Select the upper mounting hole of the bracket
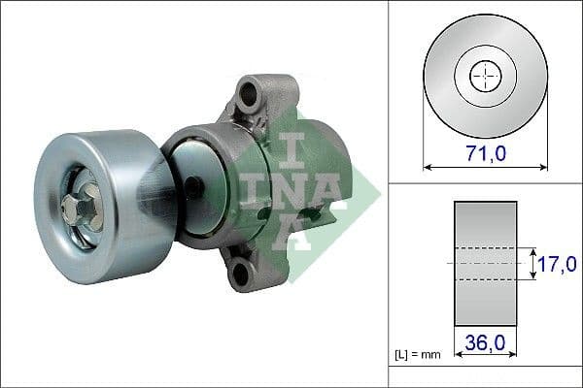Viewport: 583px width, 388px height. pyautogui.click(x=250, y=95)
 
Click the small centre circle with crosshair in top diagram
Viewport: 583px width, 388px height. pyautogui.click(x=485, y=77)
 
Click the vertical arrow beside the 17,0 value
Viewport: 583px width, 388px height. pyautogui.click(x=533, y=263)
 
